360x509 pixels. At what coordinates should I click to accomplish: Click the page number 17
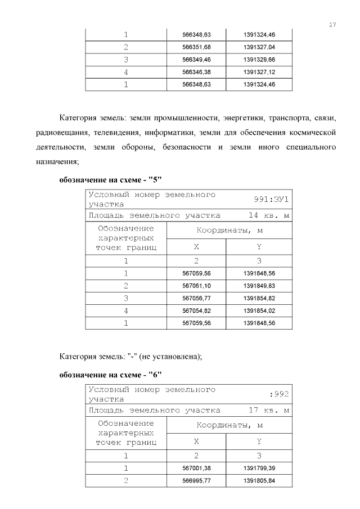coord(332,25)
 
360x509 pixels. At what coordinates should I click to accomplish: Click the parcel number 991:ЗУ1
coord(272,199)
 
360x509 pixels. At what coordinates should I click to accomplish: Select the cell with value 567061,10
coord(196,286)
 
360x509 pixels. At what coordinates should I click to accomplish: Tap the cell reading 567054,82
coord(196,311)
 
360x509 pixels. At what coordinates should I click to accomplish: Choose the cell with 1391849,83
coord(259,286)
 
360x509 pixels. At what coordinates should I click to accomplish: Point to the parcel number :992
coord(279,394)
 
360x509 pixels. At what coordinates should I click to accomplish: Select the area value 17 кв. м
coord(269,411)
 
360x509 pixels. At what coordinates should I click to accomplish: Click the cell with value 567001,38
coord(196,468)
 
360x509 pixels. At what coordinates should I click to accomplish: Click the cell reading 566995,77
coord(196,481)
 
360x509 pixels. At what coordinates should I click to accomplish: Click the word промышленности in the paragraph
coord(190,118)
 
